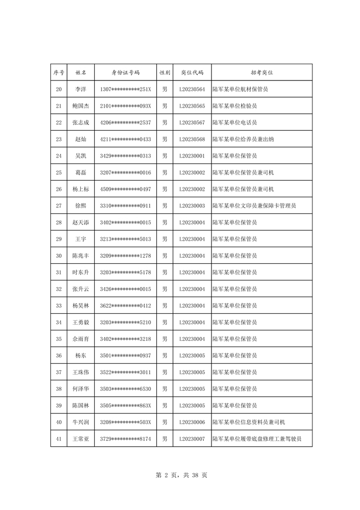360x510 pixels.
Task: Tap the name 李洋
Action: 80,89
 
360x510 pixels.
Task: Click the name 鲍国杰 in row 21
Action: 80,106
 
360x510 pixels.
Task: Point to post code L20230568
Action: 192,139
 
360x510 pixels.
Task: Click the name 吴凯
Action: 80,156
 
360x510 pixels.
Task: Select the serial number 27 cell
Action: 59,206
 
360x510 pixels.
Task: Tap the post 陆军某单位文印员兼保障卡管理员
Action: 254,206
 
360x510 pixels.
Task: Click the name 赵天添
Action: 80,222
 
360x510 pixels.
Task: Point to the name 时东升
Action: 80,272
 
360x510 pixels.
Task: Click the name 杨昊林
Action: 80,305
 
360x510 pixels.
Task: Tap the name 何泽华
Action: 80,389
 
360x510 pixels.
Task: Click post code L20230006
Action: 192,422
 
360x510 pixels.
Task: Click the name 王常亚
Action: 80,438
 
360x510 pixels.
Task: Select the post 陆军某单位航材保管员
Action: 240,89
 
